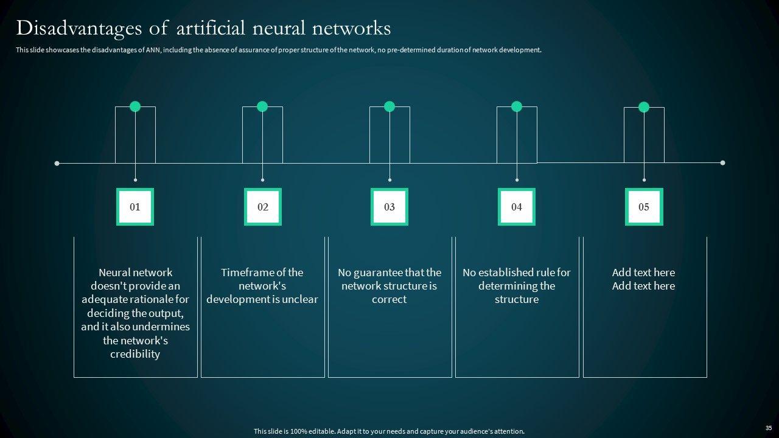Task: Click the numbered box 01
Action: click(135, 207)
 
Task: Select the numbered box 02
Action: click(262, 207)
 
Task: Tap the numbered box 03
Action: click(389, 207)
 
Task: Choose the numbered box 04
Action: click(517, 207)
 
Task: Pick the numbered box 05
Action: click(644, 207)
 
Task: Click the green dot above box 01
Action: click(135, 106)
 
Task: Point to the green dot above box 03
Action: click(389, 106)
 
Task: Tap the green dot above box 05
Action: click(644, 107)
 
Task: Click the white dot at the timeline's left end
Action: click(57, 163)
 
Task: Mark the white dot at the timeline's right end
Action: click(722, 163)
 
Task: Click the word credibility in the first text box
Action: click(135, 354)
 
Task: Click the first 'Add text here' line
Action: click(643, 273)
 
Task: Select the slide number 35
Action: click(768, 428)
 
